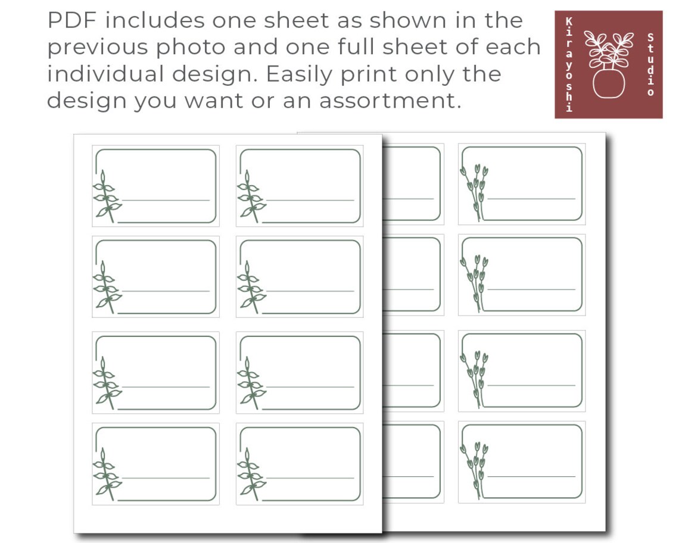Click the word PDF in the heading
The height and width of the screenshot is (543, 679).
(67, 21)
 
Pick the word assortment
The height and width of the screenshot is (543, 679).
(390, 101)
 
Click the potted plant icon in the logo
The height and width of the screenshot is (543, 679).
(608, 64)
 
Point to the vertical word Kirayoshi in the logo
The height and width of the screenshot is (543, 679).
(569, 64)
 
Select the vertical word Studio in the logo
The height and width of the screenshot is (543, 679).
(650, 64)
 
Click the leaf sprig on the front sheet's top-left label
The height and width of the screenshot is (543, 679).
(105, 197)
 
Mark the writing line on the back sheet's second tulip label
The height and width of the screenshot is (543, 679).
(531, 289)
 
